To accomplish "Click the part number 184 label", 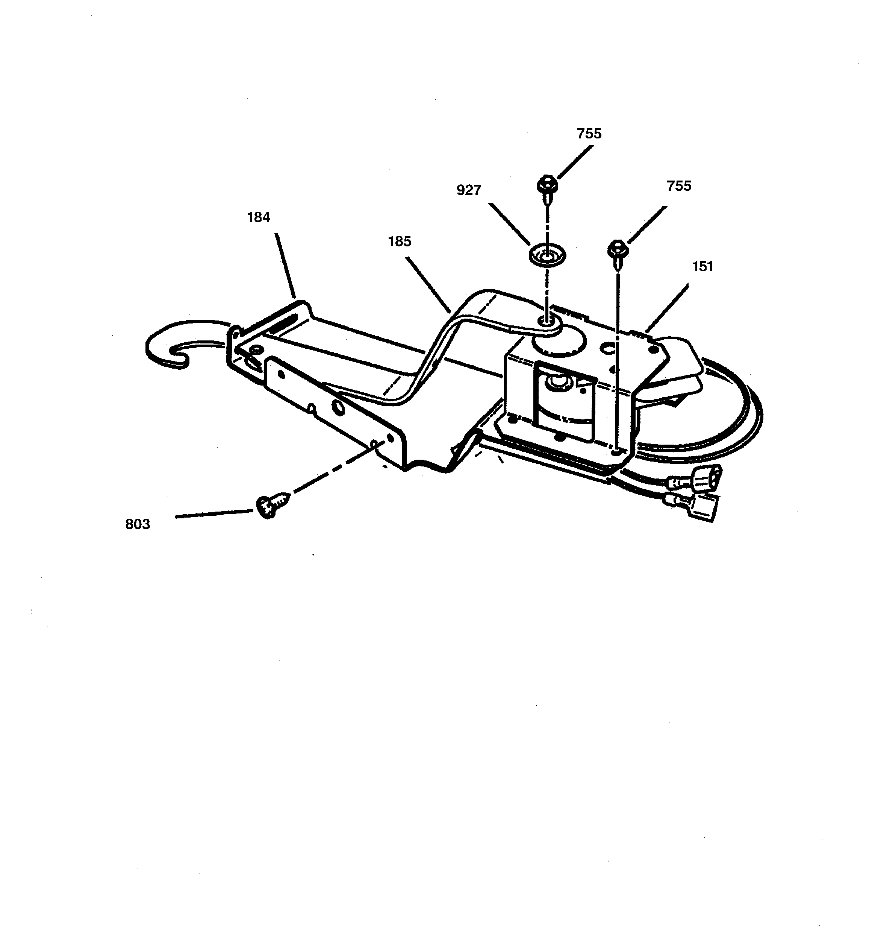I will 258,217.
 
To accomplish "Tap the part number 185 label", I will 399,241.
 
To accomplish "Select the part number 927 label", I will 469,190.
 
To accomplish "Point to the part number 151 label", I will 702,266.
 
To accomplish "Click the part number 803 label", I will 138,524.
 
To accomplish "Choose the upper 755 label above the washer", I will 589,134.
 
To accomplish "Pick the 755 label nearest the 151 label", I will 679,186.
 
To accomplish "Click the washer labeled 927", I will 547,256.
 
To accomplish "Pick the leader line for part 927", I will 509,224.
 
